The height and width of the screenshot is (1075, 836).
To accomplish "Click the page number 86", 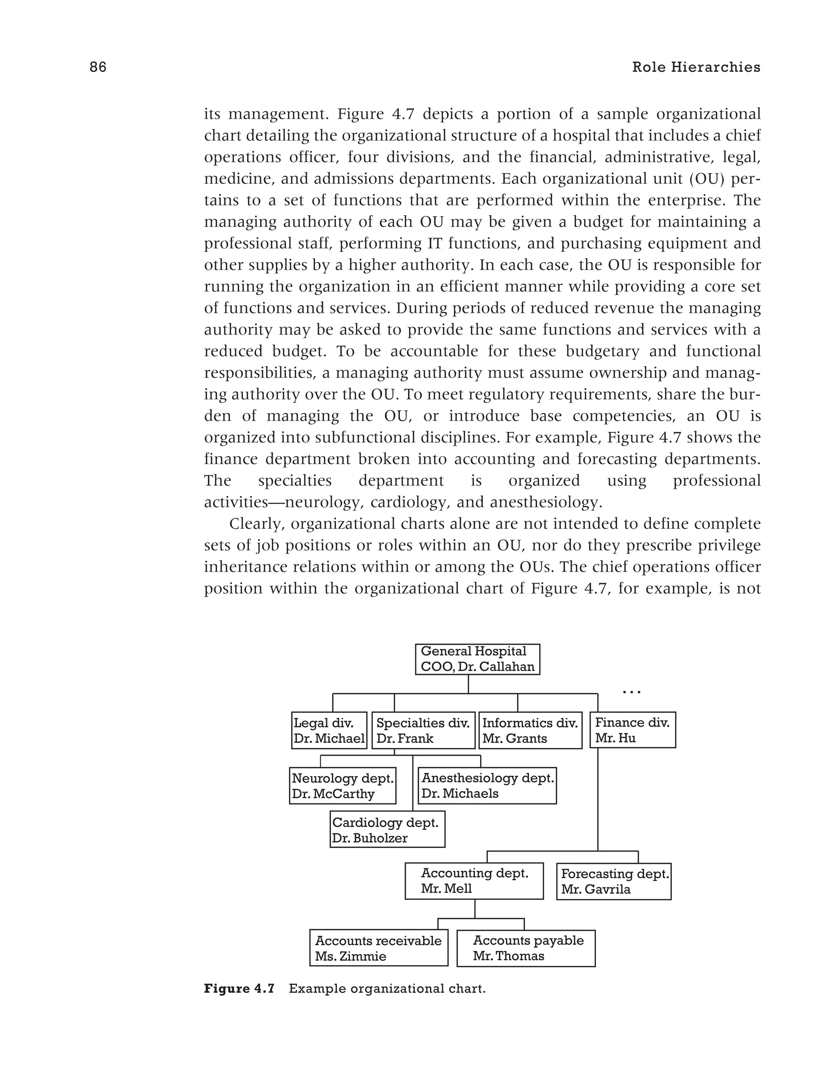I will click(98, 67).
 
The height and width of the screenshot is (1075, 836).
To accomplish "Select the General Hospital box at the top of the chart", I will click(477, 659).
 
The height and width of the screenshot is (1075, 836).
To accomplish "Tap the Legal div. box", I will click(329, 730).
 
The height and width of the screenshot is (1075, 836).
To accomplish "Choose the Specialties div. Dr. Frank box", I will click(423, 730).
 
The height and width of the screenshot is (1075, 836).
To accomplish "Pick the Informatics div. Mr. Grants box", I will click(530, 730).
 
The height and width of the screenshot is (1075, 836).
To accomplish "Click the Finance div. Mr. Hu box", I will click(632, 730).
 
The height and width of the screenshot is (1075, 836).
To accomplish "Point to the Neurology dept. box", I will click(342, 786).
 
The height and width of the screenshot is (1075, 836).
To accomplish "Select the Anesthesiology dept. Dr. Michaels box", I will click(487, 786).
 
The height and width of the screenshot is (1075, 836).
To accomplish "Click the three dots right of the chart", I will click(631, 692).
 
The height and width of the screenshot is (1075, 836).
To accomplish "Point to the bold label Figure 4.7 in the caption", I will click(239, 988).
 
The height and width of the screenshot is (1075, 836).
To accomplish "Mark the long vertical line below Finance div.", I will click(597, 797).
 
